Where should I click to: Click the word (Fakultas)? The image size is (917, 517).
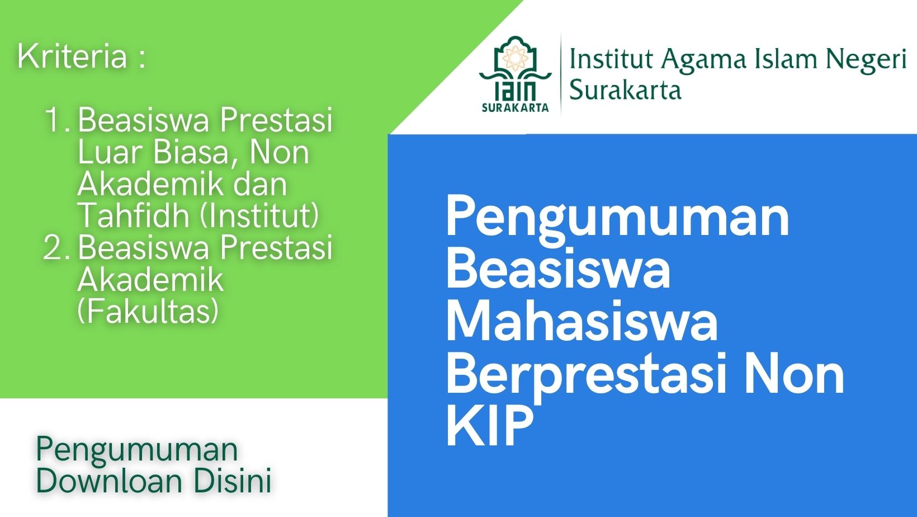tap(148, 312)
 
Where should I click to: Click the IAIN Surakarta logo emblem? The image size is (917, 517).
tap(515, 74)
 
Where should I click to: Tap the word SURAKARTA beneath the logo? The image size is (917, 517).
tap(515, 108)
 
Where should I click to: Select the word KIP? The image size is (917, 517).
tap(490, 426)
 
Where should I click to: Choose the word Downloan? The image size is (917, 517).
tap(109, 481)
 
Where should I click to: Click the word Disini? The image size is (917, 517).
tap(233, 481)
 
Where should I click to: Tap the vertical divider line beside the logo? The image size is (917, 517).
tap(561, 74)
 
